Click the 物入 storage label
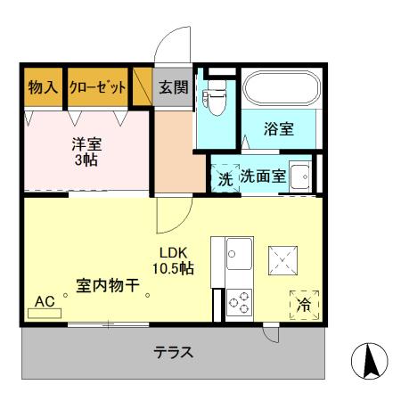point(43,87)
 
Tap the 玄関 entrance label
point(172,87)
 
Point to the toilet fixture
point(215,101)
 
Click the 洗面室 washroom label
point(263,176)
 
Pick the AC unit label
point(45,303)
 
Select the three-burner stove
point(239,303)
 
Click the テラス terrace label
point(174,351)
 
